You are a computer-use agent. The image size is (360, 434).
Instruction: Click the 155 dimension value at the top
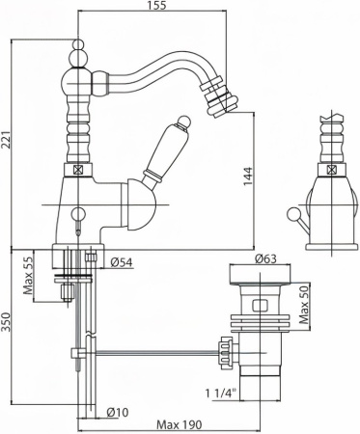click(157, 5)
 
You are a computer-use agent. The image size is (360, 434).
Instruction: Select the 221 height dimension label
click(6, 140)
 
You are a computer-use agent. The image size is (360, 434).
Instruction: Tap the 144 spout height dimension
click(248, 176)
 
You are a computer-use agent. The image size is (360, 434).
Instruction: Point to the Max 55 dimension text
click(28, 276)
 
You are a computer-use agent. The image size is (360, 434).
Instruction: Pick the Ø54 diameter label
click(122, 262)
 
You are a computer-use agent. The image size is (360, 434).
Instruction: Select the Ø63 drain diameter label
click(265, 258)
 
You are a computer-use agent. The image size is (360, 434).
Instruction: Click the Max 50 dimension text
click(304, 305)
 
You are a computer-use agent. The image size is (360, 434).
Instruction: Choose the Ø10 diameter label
click(117, 412)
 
